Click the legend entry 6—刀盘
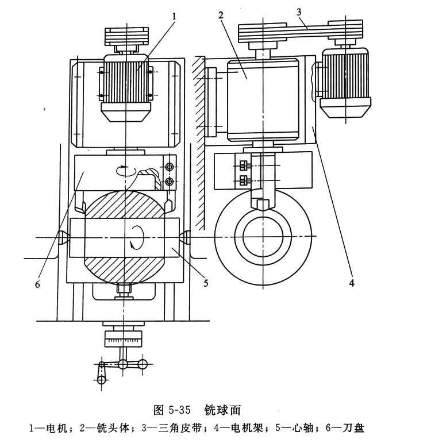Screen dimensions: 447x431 pyautogui.click(x=344, y=428)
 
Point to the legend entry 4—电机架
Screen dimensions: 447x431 pyautogui.click(x=247, y=428)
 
